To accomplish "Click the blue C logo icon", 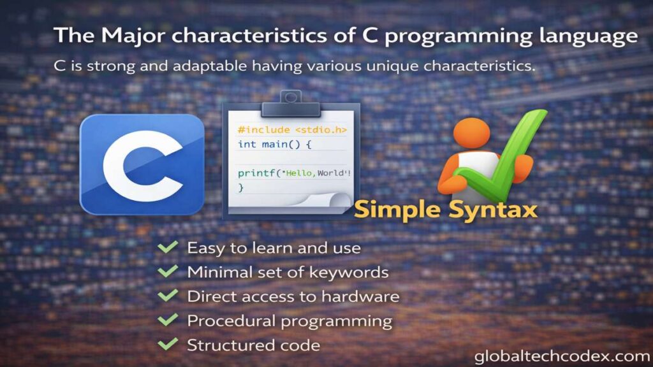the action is click(x=142, y=164).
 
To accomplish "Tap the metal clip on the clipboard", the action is click(x=291, y=103).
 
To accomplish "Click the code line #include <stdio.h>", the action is click(x=292, y=130).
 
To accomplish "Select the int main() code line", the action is click(x=274, y=145).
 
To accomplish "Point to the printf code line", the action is click(x=294, y=173).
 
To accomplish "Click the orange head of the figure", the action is click(x=472, y=133).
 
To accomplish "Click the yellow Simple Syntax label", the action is click(x=446, y=209).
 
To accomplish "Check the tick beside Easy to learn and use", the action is click(x=168, y=247).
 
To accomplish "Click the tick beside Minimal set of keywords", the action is click(x=168, y=271).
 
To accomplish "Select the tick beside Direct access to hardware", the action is click(x=168, y=296).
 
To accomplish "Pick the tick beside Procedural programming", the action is click(x=168, y=320).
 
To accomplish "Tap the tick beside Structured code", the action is click(x=168, y=344).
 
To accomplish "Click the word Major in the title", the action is click(x=133, y=36).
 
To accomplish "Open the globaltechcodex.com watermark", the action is click(x=562, y=356).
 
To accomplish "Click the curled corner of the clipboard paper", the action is click(x=339, y=200).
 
